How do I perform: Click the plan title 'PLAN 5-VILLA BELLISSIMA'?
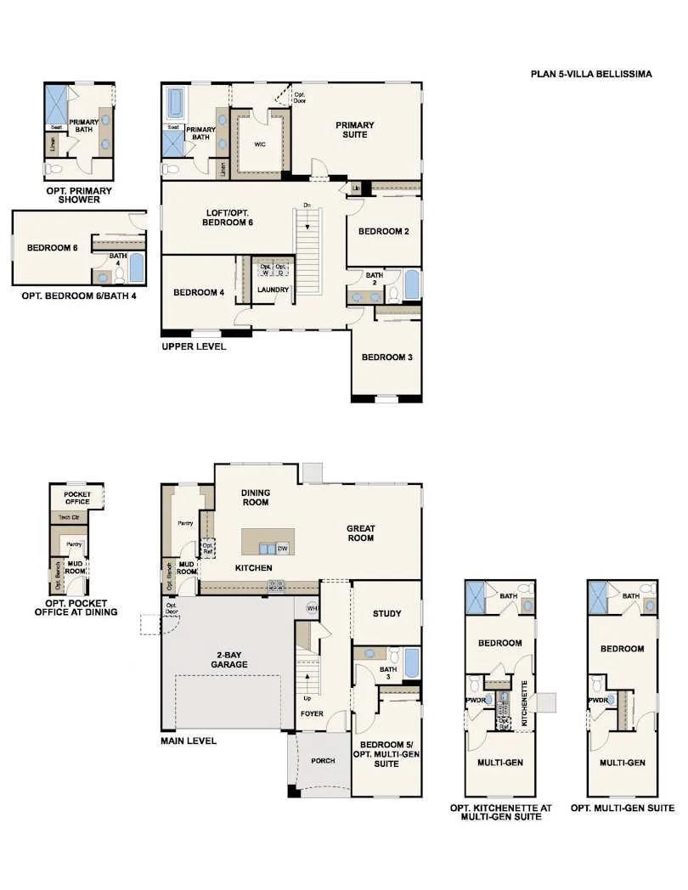coord(591,74)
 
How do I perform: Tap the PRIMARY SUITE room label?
coord(354,130)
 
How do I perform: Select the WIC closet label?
coord(260,144)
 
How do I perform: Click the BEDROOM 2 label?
coord(384,231)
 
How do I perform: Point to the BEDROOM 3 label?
coord(386,358)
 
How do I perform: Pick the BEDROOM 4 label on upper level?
coord(199,292)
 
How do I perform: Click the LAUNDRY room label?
coord(274,290)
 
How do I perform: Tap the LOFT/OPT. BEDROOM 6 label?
coord(228,217)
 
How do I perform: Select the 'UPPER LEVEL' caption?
coord(194,346)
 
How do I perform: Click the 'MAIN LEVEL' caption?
coord(189,741)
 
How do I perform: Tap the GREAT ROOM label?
coord(361,532)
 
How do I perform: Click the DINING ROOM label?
coord(255,498)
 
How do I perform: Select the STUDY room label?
coord(387,614)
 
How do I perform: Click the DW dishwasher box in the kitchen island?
coord(282,549)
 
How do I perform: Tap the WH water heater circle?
coord(312,608)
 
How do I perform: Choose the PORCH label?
coord(323,760)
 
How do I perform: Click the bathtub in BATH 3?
coord(411,662)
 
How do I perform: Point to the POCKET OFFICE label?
coord(77,497)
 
